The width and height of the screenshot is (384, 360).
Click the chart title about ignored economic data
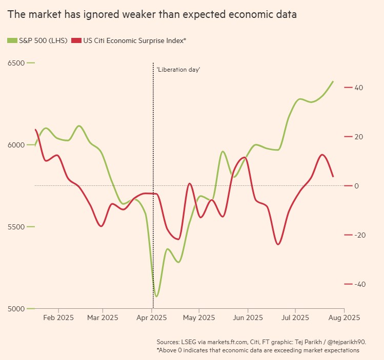tap(152, 15)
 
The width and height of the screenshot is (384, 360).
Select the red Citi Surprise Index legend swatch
tap(76, 40)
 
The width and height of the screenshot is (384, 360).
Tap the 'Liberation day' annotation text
tap(178, 69)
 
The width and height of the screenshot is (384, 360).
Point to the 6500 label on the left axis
tap(16, 63)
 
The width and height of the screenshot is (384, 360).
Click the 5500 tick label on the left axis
tap(16, 227)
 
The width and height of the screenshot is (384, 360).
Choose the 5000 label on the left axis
tap(16, 309)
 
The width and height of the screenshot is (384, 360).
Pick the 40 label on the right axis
tap(359, 88)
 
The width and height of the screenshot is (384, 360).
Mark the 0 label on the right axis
tap(357, 186)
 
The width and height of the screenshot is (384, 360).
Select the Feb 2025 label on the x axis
tap(58, 317)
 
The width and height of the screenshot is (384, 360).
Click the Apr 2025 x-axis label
tap(152, 317)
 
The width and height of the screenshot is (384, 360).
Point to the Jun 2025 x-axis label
tap(248, 317)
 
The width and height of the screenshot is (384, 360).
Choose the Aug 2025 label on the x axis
tap(344, 317)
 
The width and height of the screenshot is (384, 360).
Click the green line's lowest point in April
tap(156, 296)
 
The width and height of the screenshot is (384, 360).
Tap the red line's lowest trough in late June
tap(278, 244)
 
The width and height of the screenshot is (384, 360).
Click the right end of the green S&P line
tap(333, 81)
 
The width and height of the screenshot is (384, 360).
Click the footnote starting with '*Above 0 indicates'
tap(258, 350)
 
